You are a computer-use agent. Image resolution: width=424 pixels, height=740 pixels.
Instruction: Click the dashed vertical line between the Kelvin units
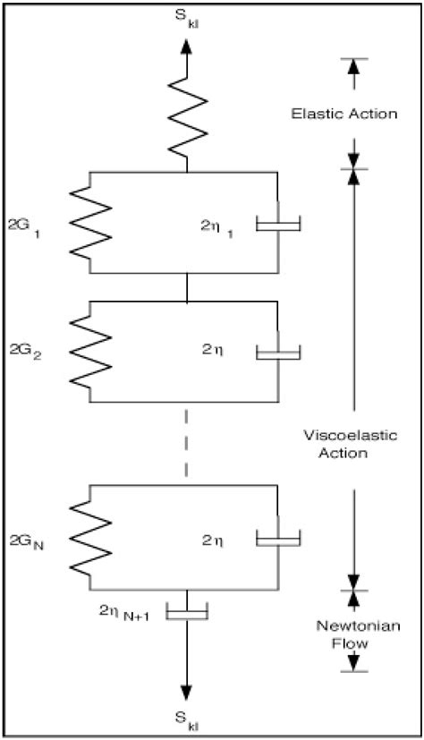point(186,444)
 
